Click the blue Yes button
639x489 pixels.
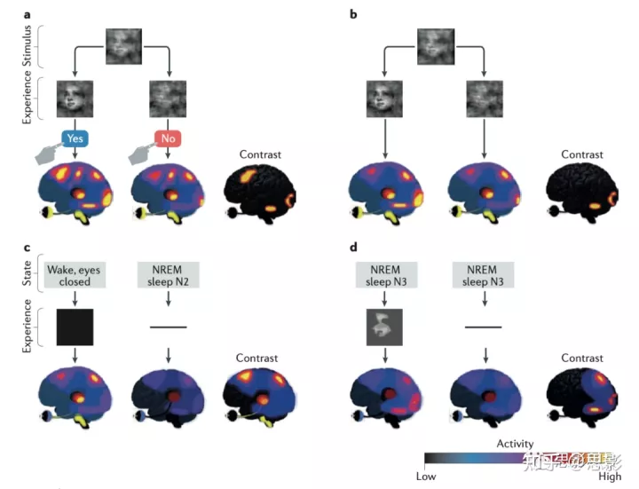coord(75,138)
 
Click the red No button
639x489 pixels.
coord(168,138)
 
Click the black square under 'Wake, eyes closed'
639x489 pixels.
coord(75,327)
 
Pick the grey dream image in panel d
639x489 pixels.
coord(385,327)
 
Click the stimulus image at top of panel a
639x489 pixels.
coord(123,45)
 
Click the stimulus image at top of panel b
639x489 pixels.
coord(434,45)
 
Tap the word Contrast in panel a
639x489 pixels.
coord(260,154)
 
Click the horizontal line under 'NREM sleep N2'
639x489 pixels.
coord(168,327)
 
